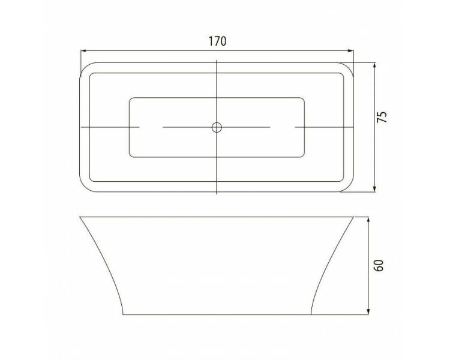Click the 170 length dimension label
(x=217, y=41)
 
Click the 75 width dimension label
(x=382, y=117)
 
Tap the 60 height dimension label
(x=379, y=265)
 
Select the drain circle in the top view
(x=217, y=127)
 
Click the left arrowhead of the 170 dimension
(x=84, y=51)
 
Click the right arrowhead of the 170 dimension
(x=350, y=51)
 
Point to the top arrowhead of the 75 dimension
(x=374, y=66)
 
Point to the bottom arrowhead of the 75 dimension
(x=374, y=188)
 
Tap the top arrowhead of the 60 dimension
(x=368, y=220)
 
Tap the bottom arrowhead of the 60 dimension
(x=368, y=311)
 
